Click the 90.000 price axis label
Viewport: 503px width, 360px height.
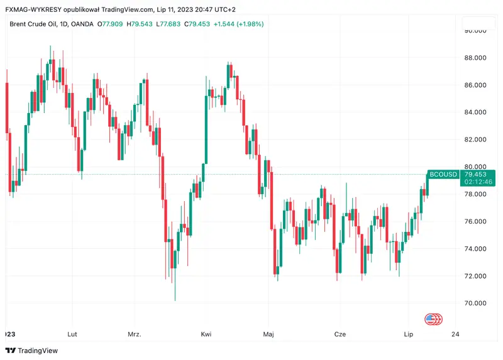tap(475, 30)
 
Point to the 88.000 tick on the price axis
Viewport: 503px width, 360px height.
tap(475, 58)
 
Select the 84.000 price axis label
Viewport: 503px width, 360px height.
tap(475, 112)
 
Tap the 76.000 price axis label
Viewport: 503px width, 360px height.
tap(475, 222)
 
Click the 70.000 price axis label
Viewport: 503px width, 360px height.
tap(475, 303)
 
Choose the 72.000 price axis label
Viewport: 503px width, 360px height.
tap(475, 276)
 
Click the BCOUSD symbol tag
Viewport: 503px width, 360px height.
tap(443, 173)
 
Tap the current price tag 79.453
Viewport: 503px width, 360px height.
tap(475, 173)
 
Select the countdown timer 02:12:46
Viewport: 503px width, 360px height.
tap(475, 182)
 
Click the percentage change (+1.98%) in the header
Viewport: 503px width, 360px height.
tap(248, 24)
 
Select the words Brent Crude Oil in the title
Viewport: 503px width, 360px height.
tap(30, 24)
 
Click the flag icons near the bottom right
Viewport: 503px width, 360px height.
tap(434, 319)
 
